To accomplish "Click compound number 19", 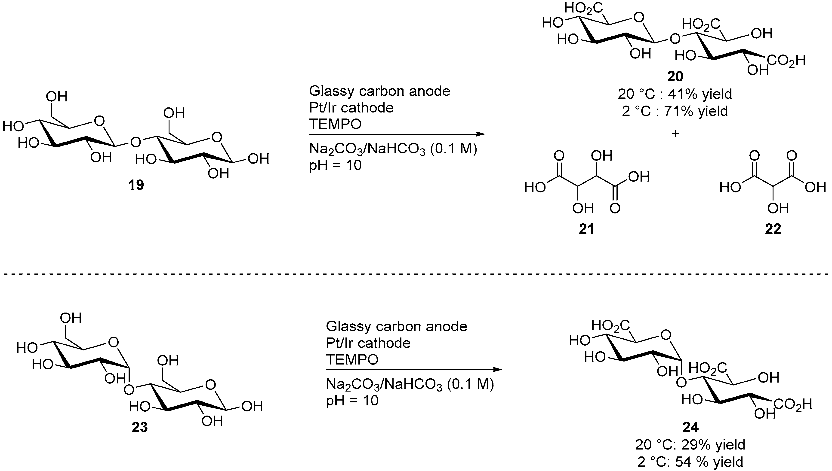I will click(136, 185).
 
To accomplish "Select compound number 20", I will click(675, 76).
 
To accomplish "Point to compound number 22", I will click(773, 229).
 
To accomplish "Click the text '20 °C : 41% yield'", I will click(675, 94).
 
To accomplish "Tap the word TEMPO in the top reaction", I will click(335, 124).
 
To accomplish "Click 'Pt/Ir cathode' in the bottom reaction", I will click(368, 343).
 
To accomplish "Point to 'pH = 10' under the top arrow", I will click(335, 166).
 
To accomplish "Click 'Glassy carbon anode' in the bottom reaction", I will click(396, 326).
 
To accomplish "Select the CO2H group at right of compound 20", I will click(786, 61).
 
